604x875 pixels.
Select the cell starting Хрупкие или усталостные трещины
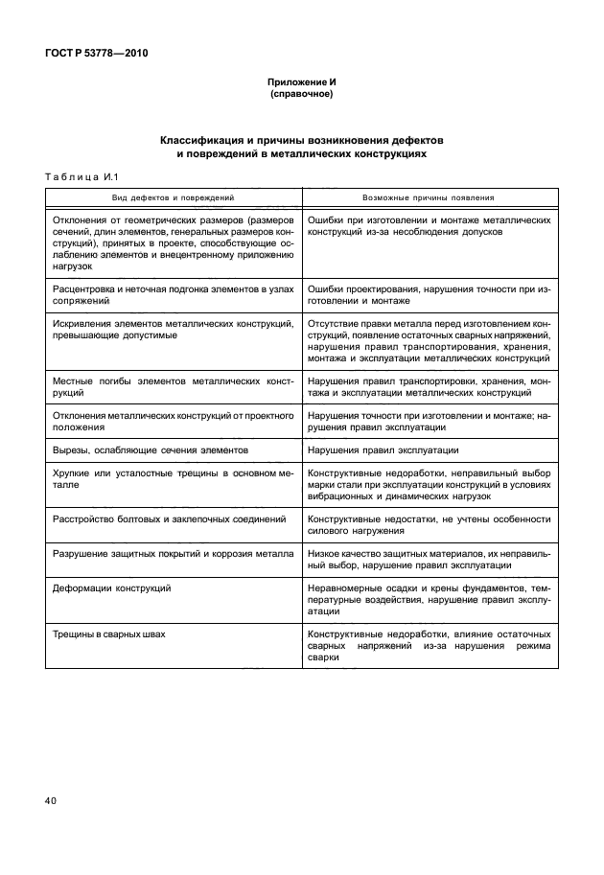coord(173,479)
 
